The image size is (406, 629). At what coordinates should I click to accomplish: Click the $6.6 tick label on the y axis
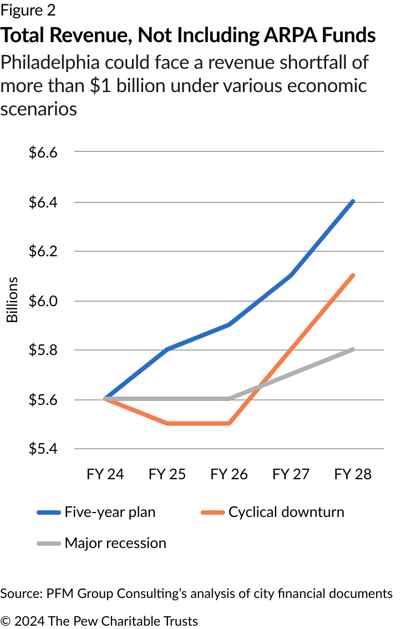[43, 153]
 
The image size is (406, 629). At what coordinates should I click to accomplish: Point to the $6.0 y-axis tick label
[43, 301]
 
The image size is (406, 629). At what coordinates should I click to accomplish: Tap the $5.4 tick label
[43, 449]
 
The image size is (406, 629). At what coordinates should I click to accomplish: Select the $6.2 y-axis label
[43, 251]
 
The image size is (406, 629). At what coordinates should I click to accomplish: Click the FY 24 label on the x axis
[105, 475]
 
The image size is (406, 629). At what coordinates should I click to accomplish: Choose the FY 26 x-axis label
[229, 475]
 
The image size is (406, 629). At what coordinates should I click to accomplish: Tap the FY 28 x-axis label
[353, 475]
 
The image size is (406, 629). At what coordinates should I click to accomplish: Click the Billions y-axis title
[12, 300]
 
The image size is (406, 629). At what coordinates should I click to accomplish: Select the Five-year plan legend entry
[110, 511]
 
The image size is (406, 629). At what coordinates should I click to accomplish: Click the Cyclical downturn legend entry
[286, 511]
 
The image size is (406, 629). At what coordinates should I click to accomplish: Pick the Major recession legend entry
[115, 542]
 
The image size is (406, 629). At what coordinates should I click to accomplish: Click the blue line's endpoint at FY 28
[353, 201]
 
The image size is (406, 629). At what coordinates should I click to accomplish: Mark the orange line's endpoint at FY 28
[353, 276]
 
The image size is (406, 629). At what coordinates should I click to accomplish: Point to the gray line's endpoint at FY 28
[353, 349]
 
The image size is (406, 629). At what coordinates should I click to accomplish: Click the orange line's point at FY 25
[167, 424]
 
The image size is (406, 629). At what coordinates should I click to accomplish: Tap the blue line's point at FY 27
[291, 276]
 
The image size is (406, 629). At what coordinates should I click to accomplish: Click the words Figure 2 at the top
[28, 10]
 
